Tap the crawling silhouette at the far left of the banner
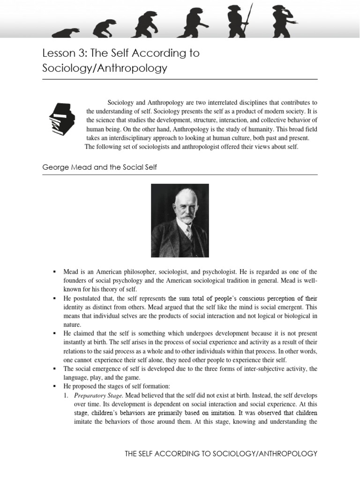pos(66,33)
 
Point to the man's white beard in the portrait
pos(187,218)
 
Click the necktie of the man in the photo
pos(188,232)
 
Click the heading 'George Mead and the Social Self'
pos(99,167)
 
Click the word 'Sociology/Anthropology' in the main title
pos(105,68)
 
